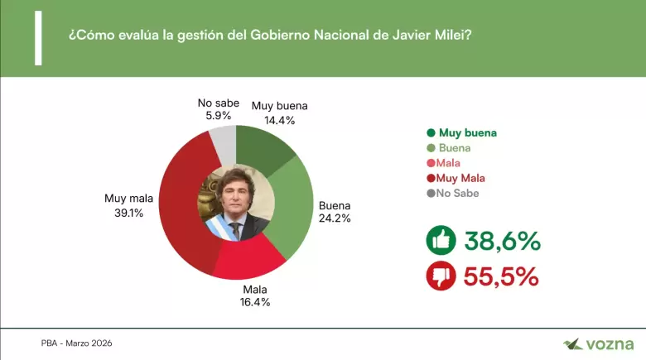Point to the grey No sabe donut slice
coord(223,142)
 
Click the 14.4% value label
coord(279,119)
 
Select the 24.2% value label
coord(335,218)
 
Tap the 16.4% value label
coord(254,302)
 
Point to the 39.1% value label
coord(124,212)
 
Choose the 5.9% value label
coord(219,116)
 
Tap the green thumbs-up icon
coord(441,241)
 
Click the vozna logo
coord(598,343)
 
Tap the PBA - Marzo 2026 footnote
coord(77,343)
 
